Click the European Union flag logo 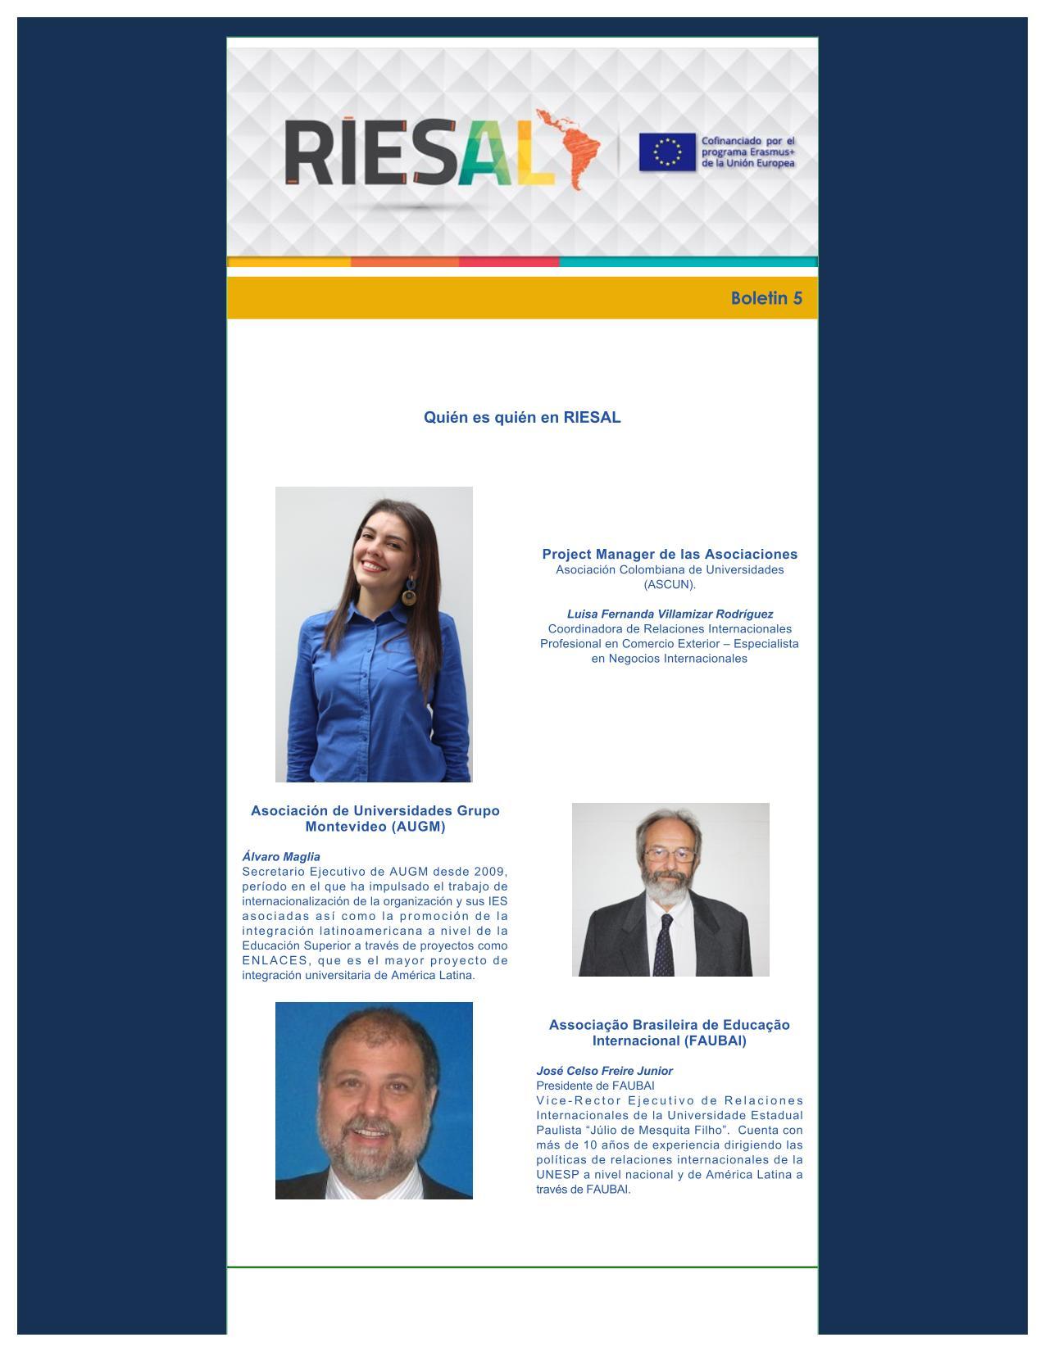pyautogui.click(x=667, y=152)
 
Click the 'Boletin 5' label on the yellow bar pyautogui.click(x=766, y=298)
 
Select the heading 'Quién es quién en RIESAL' pyautogui.click(x=522, y=417)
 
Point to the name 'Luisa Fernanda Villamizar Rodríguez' pyautogui.click(x=670, y=614)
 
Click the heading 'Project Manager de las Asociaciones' pyautogui.click(x=670, y=554)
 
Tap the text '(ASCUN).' pyautogui.click(x=670, y=584)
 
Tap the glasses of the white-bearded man pyautogui.click(x=670, y=855)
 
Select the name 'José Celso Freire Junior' pyautogui.click(x=604, y=1071)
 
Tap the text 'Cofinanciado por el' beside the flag pyautogui.click(x=747, y=142)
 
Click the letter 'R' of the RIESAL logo pyautogui.click(x=305, y=152)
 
